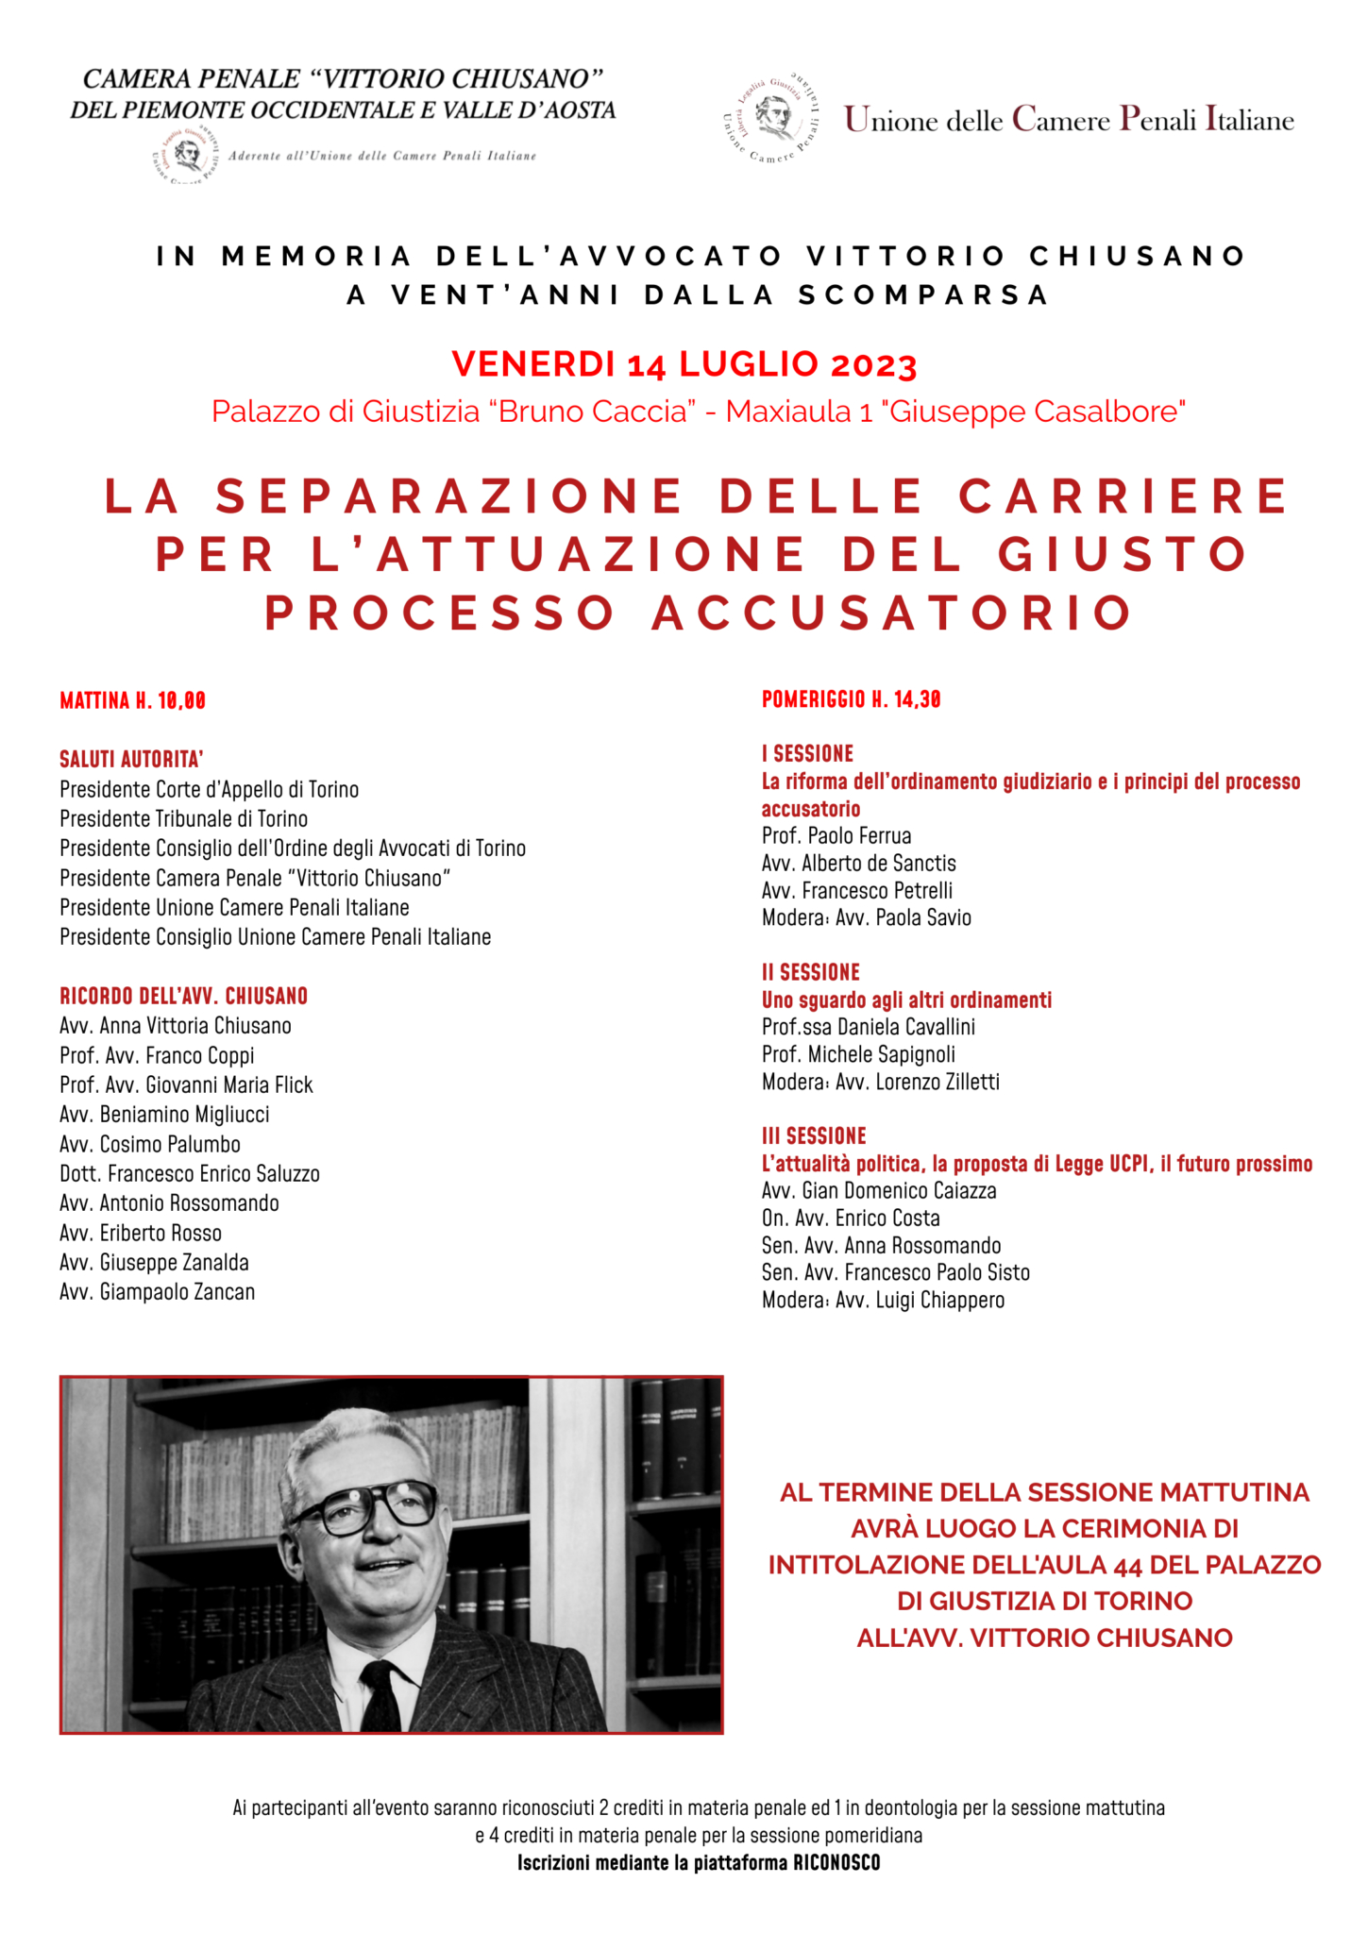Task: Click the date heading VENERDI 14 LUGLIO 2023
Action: pos(684,364)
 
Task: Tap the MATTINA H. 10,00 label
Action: pos(132,700)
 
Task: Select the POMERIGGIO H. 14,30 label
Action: pos(851,699)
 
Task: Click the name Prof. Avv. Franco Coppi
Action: pos(157,1055)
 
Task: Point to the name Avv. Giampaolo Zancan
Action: pos(157,1291)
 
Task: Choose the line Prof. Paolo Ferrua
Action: pos(836,835)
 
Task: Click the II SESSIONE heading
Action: pos(810,972)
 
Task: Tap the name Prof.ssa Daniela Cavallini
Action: pos(868,1027)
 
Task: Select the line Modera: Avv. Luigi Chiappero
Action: pos(883,1300)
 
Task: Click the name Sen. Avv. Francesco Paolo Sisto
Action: pos(895,1272)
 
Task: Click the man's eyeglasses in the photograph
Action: pos(378,1504)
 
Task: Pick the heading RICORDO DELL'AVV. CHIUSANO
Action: pos(183,996)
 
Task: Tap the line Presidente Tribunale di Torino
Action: pos(183,818)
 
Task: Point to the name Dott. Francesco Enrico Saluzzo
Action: pos(189,1173)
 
